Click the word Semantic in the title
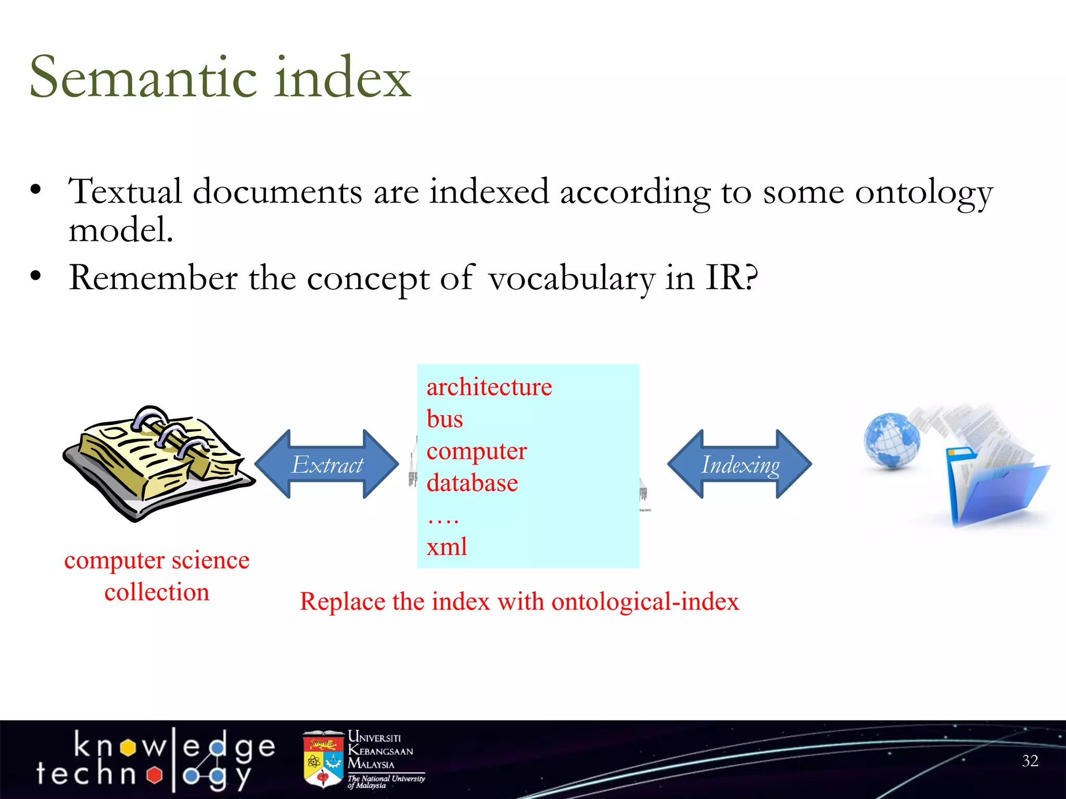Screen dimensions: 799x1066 [143, 78]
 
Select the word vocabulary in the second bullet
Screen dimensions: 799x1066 [571, 278]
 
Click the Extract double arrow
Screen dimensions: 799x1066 [327, 464]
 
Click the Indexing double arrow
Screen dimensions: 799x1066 [740, 464]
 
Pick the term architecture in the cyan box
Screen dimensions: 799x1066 [489, 388]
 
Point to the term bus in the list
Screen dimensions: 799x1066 [445, 419]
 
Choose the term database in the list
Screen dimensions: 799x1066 [472, 483]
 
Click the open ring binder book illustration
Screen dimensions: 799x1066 [156, 463]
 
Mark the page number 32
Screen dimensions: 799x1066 [1030, 761]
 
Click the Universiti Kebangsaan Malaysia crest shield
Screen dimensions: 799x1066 [323, 761]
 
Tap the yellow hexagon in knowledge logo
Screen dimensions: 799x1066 [128, 748]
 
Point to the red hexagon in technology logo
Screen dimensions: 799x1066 [154, 775]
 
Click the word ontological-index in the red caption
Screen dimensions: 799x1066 [645, 602]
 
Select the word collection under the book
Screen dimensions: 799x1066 [157, 592]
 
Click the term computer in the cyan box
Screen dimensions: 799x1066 [476, 451]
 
